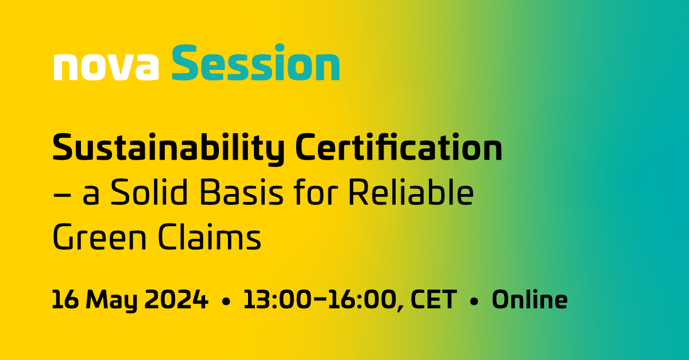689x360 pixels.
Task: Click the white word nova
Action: [x=106, y=67]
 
